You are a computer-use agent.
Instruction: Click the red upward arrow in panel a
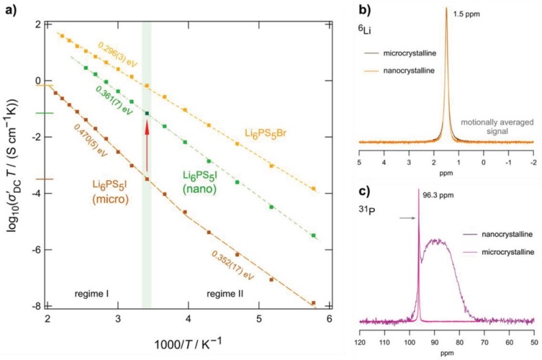[146, 144]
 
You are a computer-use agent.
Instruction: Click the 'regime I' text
[92, 293]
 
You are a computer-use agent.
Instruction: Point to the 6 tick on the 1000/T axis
[329, 319]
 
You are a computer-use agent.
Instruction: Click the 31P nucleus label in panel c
[370, 210]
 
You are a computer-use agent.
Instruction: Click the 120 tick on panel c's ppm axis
[360, 341]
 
